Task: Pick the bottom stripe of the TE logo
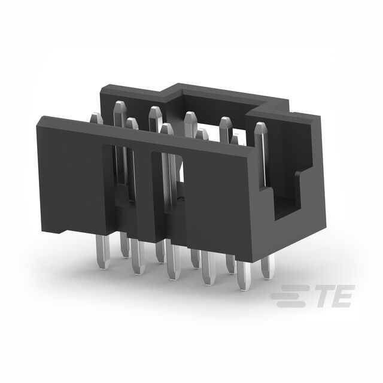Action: (x=291, y=304)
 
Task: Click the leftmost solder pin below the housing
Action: (x=102, y=252)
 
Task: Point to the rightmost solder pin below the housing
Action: (x=268, y=266)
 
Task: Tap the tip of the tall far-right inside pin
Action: (x=261, y=126)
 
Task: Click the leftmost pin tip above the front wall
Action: (x=96, y=117)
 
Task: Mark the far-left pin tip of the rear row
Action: (x=120, y=105)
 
